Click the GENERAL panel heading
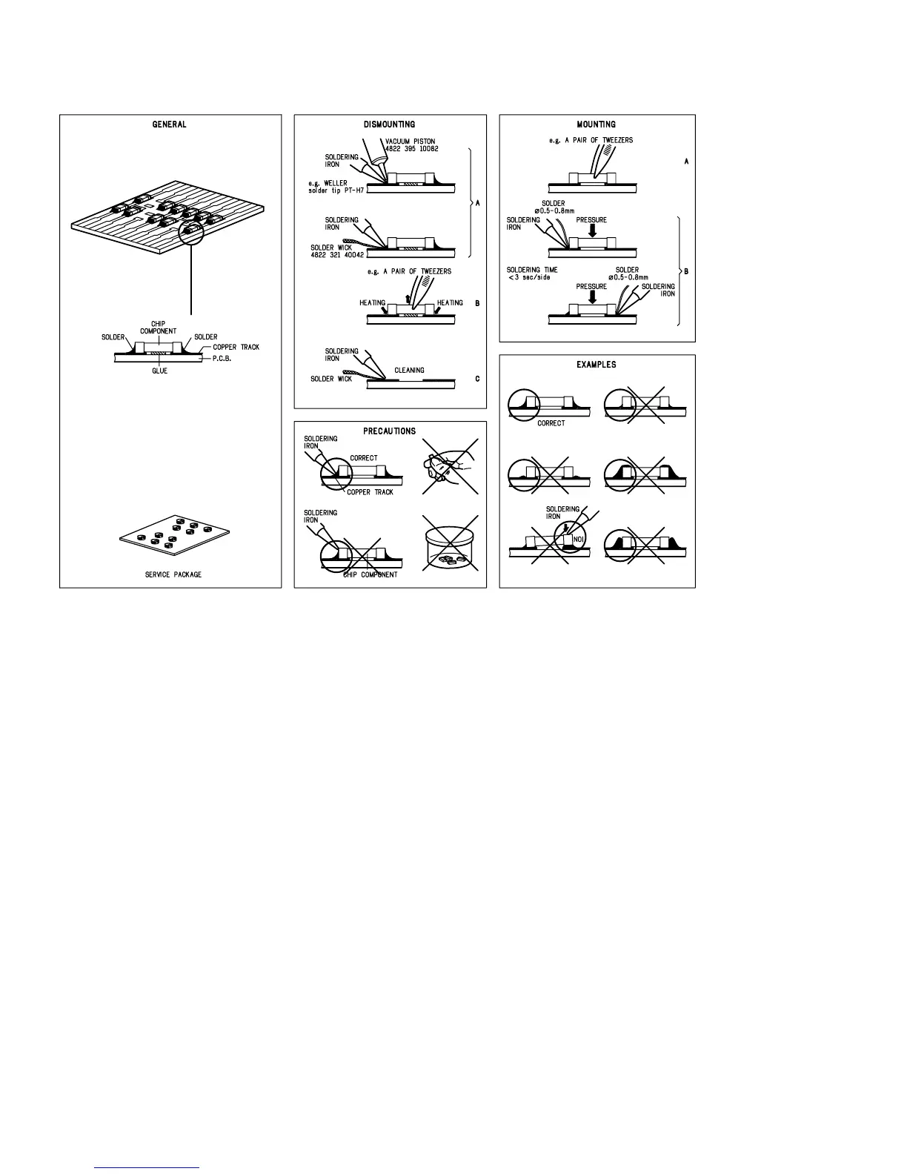[x=170, y=125]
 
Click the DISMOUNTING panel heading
[x=390, y=125]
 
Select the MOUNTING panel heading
[x=597, y=125]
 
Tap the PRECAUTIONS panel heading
[x=390, y=431]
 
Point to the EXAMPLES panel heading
[x=597, y=365]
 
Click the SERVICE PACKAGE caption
[x=173, y=574]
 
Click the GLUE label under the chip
[x=159, y=371]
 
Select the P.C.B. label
[x=222, y=357]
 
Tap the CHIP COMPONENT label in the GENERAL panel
[x=158, y=328]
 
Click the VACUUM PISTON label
[x=411, y=141]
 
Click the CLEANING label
[x=409, y=370]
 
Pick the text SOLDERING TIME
[x=532, y=270]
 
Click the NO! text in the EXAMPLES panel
[x=579, y=539]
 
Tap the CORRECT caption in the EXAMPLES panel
[x=551, y=423]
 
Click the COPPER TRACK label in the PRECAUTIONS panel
[x=370, y=492]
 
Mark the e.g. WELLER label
[x=328, y=183]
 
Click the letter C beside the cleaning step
[x=477, y=379]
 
